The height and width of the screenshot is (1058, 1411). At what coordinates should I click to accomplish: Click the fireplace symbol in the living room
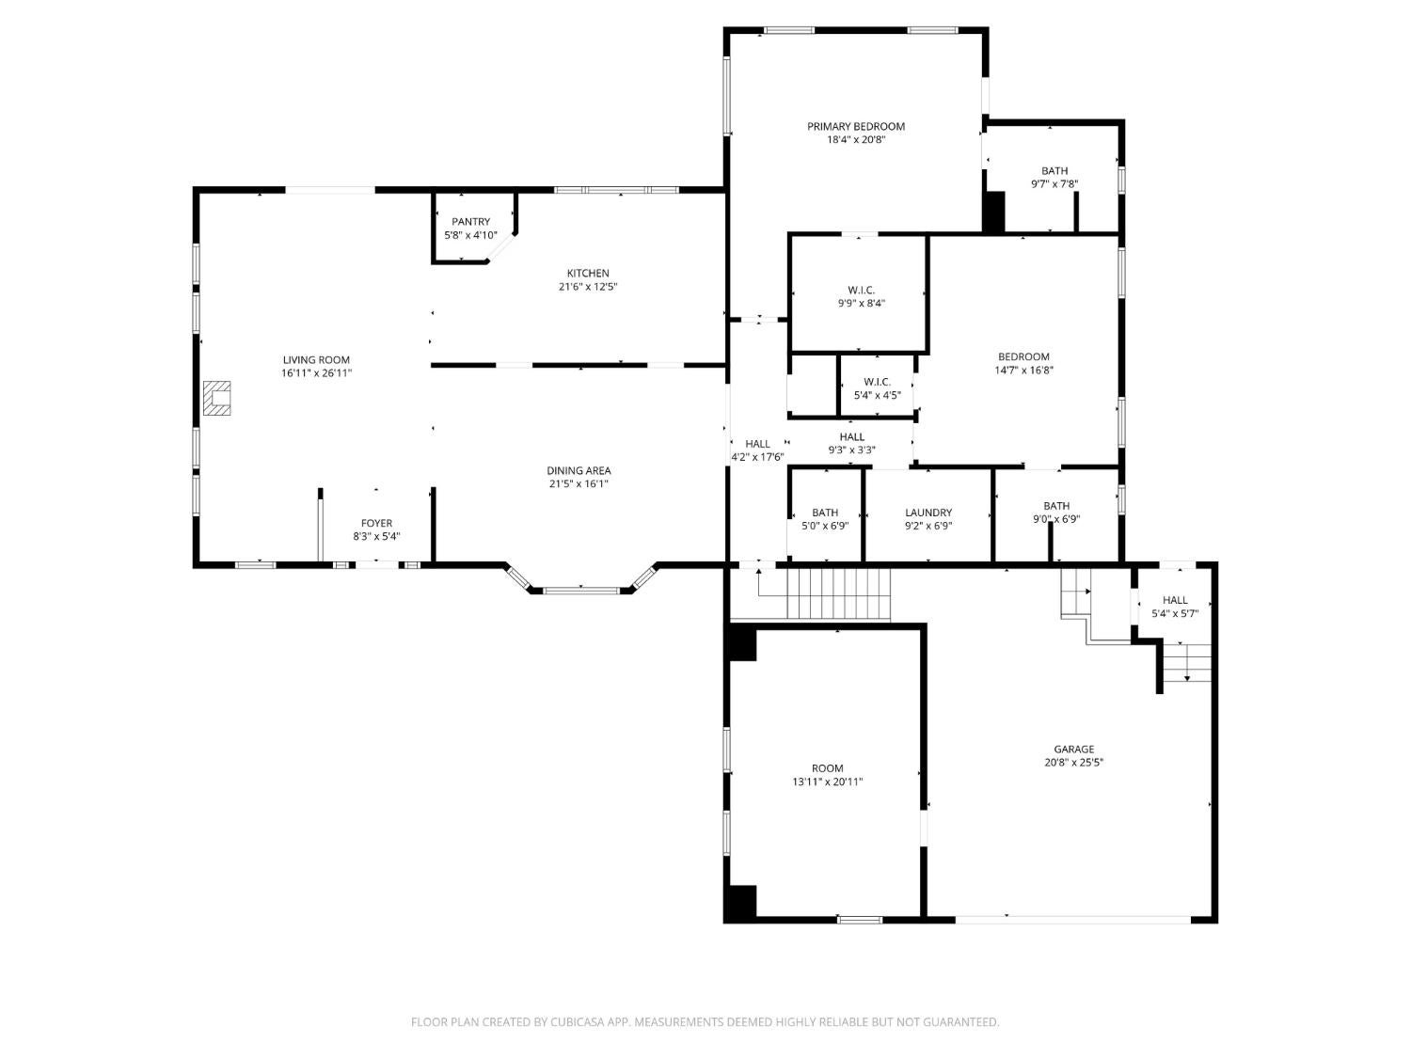tap(217, 398)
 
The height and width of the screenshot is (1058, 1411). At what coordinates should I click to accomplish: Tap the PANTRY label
tap(470, 222)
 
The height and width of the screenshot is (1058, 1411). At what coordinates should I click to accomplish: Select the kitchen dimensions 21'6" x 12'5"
tap(588, 287)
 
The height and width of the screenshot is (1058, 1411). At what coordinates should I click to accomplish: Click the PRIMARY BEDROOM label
tap(856, 127)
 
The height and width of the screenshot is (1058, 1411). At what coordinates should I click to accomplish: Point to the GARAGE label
tap(1073, 749)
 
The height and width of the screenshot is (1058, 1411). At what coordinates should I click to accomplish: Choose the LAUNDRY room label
tap(928, 513)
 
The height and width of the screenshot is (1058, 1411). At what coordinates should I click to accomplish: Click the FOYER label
tap(376, 523)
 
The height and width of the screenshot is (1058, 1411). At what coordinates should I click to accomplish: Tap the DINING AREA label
tap(579, 470)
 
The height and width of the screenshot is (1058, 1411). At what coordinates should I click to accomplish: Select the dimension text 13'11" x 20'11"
tap(827, 782)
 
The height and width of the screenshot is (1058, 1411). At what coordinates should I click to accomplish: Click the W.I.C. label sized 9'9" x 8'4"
tap(862, 291)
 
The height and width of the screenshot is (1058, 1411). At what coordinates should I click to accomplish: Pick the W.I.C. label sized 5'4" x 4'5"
tap(877, 382)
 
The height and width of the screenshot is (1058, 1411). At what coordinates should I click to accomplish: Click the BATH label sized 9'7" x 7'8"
tap(1054, 171)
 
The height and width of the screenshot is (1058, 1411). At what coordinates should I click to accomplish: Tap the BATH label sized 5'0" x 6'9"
tap(825, 513)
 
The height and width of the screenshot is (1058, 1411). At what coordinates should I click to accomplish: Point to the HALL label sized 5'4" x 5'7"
tap(1175, 600)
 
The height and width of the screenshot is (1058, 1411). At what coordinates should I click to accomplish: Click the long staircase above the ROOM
tap(838, 593)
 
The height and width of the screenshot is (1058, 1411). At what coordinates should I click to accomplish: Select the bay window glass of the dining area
tap(581, 590)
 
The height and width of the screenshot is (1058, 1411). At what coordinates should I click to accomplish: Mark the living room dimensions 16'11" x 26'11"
tap(316, 373)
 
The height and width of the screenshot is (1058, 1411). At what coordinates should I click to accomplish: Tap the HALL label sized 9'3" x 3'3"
tap(851, 436)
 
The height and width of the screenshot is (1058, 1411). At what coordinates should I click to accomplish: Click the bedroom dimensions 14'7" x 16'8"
tap(1023, 370)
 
